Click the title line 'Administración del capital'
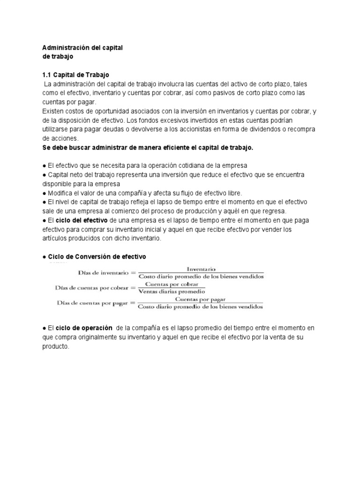[x=82, y=48]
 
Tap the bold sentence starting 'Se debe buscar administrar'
[x=148, y=148]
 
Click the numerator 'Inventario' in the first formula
[x=201, y=269]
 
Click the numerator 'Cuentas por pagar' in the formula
[x=201, y=299]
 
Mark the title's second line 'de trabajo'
[x=58, y=57]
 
